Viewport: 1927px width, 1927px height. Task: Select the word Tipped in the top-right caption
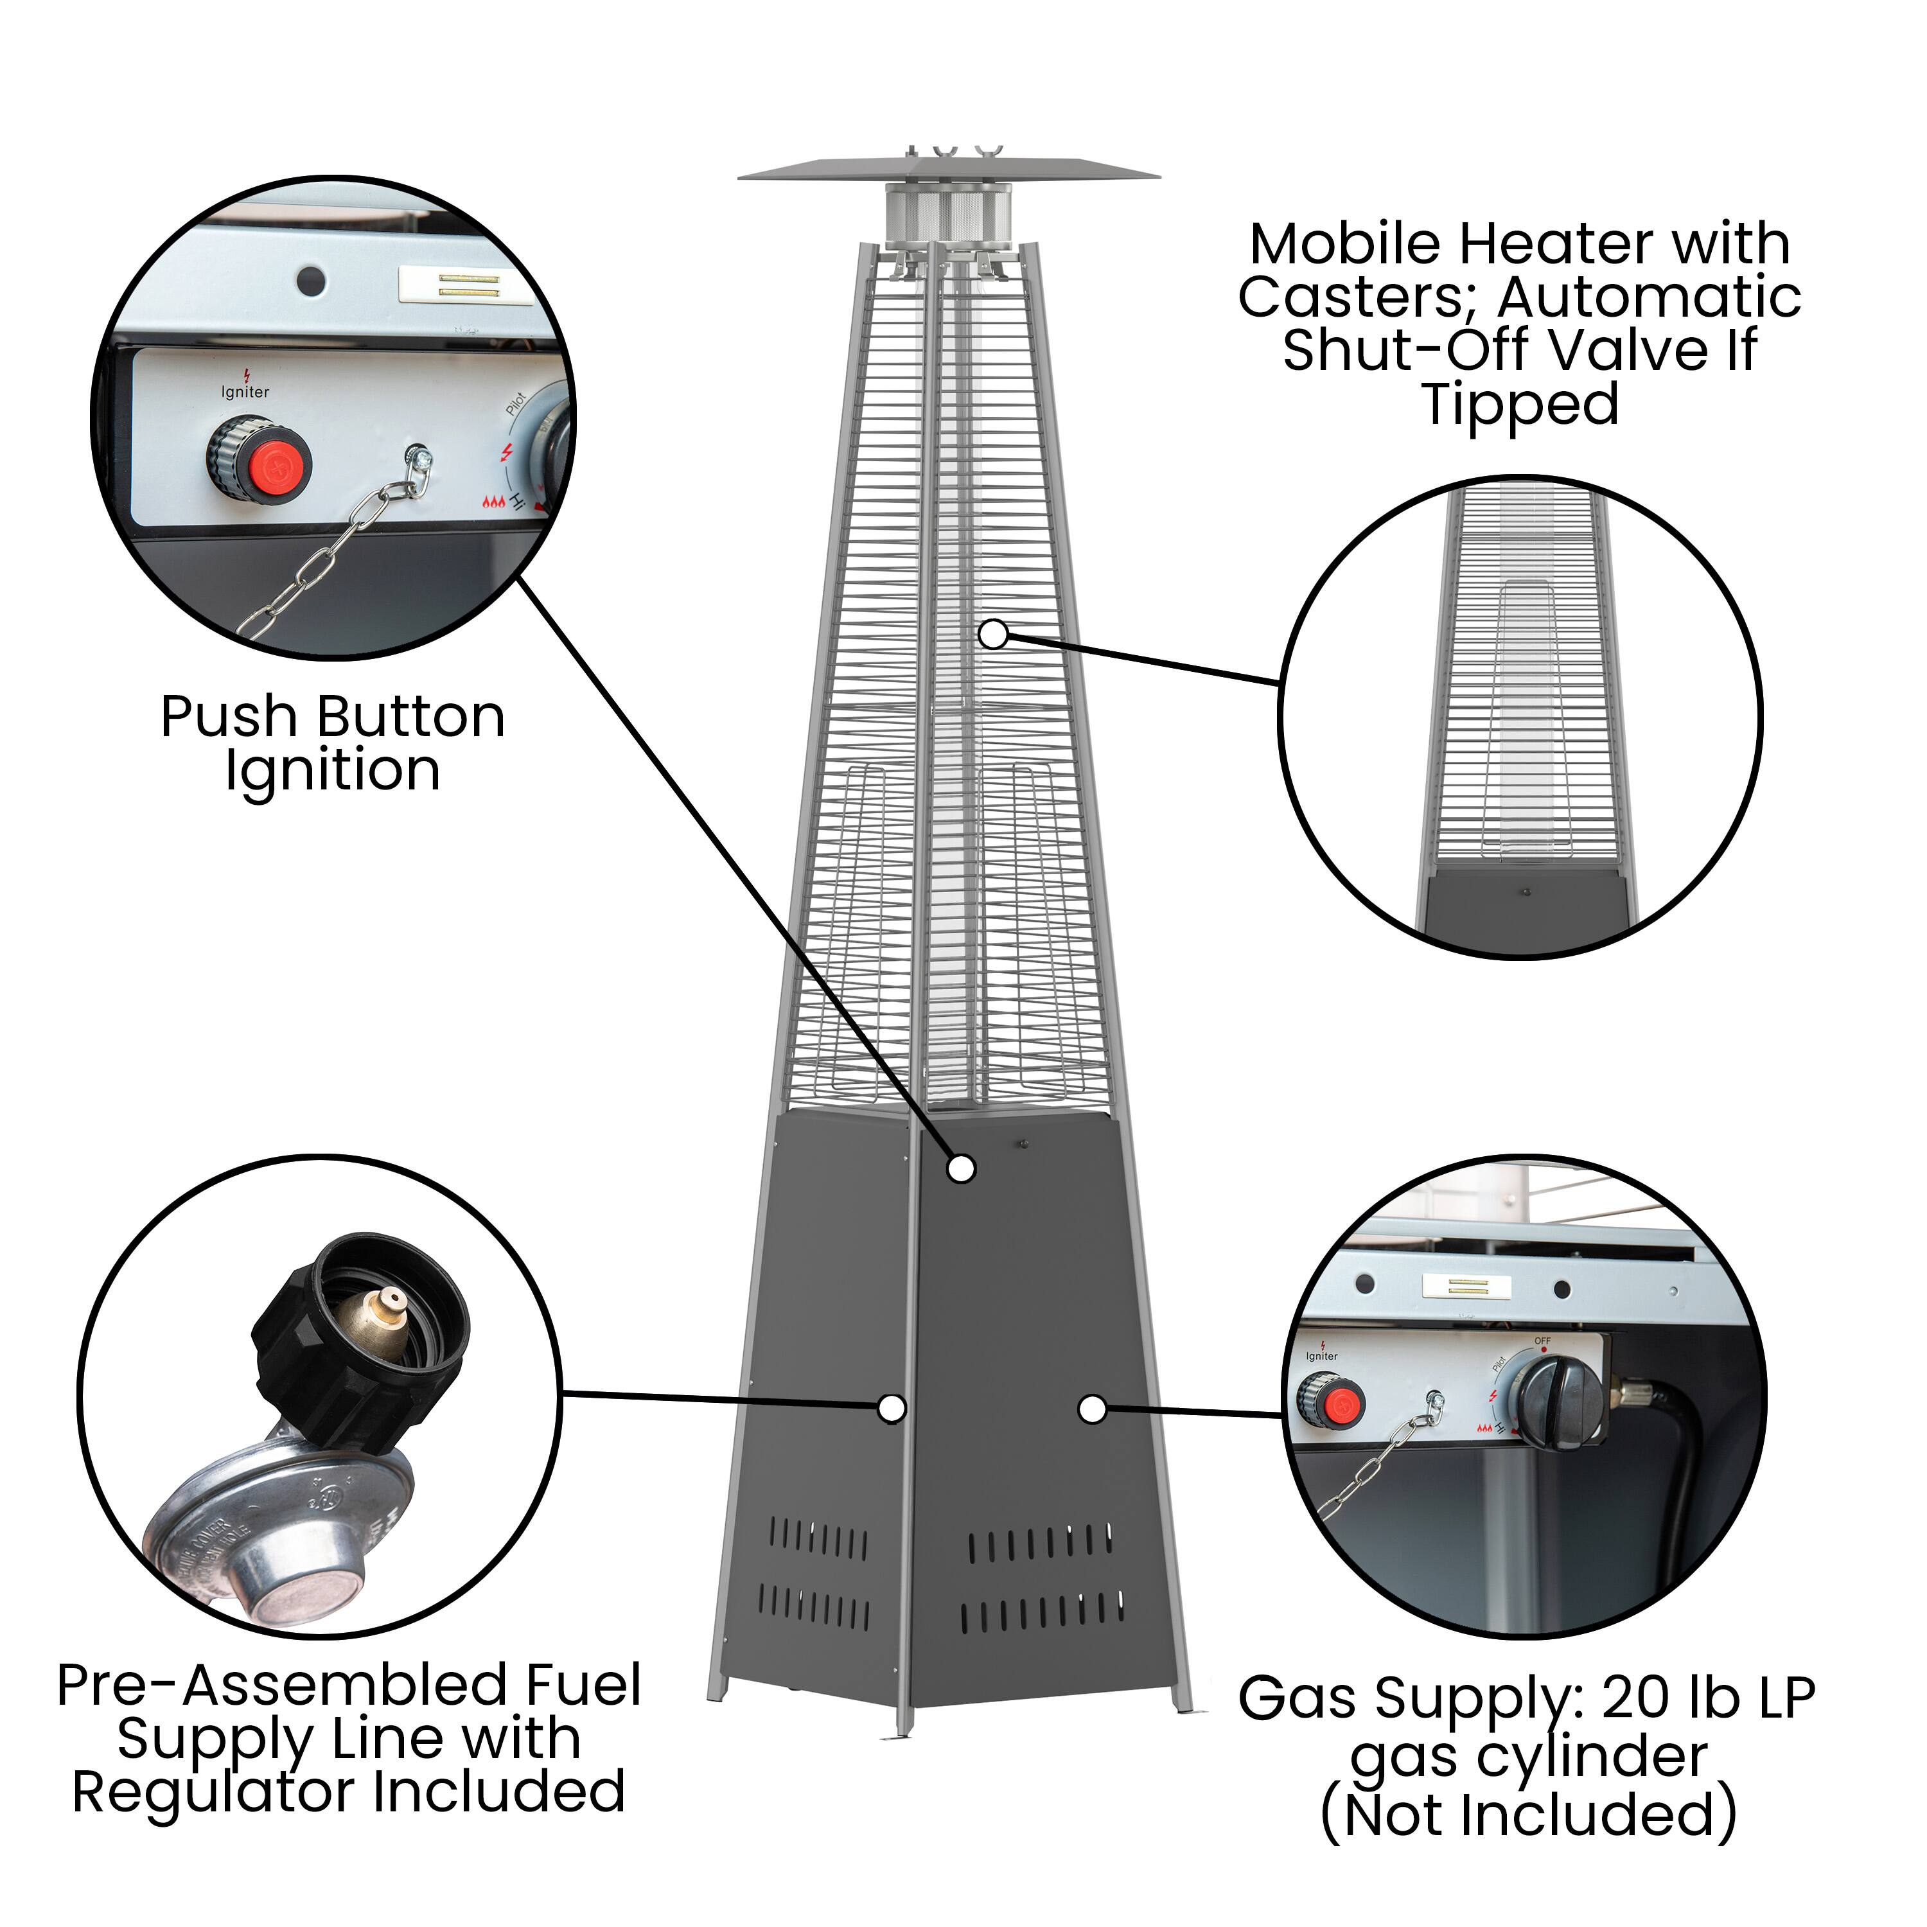tap(1521, 404)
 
